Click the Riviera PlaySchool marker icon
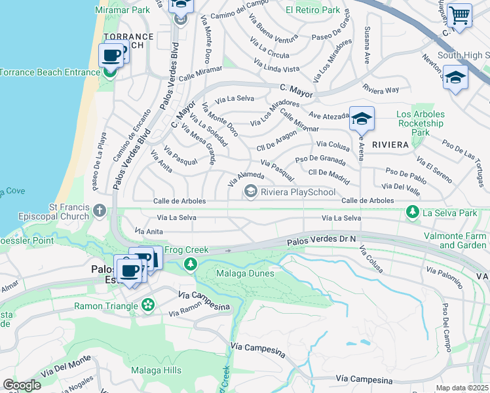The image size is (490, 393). [x=250, y=191]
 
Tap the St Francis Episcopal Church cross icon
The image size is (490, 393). [x=99, y=210]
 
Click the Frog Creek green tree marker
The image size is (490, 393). [x=190, y=263]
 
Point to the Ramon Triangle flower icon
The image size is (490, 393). [x=149, y=305]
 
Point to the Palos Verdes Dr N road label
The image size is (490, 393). [x=321, y=242]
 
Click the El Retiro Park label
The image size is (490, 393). [x=313, y=10]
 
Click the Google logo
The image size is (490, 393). [x=22, y=385]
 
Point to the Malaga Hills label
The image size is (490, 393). [x=156, y=370]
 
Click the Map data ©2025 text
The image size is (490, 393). [x=462, y=388]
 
